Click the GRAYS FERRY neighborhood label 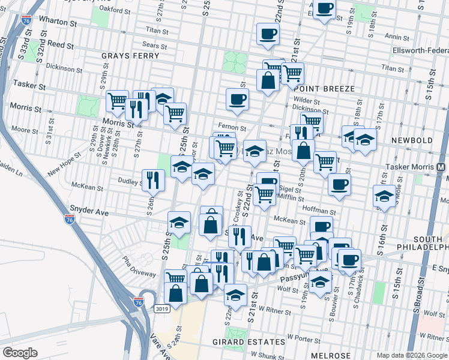(130, 56)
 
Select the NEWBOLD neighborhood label (412, 140)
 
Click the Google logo (19, 353)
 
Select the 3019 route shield (161, 308)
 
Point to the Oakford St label (115, 9)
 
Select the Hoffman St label (319, 211)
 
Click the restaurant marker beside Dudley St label (153, 179)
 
